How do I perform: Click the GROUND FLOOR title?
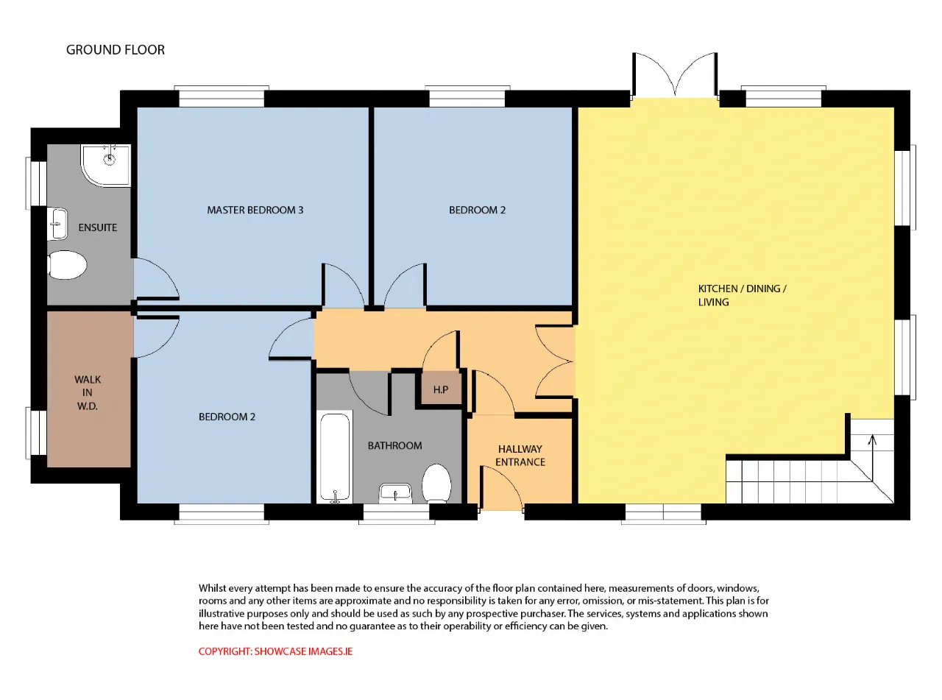pos(115,50)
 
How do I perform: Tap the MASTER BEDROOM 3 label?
pos(255,210)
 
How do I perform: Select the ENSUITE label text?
pos(98,227)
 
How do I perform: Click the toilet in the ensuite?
pos(68,265)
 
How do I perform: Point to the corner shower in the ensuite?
pos(106,165)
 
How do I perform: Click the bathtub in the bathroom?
pos(335,457)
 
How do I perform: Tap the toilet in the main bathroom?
pos(436,484)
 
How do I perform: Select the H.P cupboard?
pos(441,389)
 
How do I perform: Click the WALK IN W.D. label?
pos(88,392)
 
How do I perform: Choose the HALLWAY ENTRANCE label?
pos(520,456)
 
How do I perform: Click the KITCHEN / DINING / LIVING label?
pos(742,295)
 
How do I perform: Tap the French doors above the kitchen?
pos(675,75)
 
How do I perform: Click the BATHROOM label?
pos(394,445)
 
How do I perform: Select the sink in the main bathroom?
pos(395,493)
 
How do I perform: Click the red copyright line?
pos(276,651)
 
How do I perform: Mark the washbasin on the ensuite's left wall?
pos(57,224)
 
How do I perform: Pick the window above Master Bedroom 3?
pos(222,96)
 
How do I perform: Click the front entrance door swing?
pos(500,487)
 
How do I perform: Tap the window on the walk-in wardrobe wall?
pos(36,434)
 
